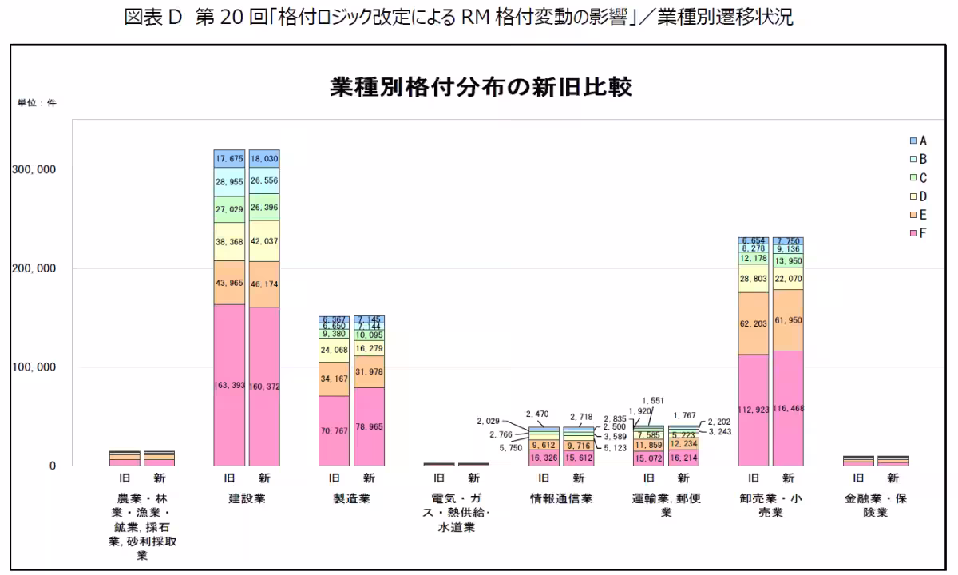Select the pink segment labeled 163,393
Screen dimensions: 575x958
[x=229, y=385]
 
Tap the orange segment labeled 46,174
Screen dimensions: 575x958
[x=264, y=284]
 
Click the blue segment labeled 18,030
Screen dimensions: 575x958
[x=264, y=159]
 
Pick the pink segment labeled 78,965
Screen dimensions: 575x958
[x=369, y=426]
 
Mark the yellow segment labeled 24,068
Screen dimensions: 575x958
[x=334, y=350]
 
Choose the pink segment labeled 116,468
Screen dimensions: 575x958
[x=788, y=408]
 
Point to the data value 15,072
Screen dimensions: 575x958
[x=648, y=458]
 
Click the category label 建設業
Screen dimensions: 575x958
[x=247, y=498]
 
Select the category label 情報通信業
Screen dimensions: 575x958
[x=561, y=498]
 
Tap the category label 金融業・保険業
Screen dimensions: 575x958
[x=876, y=505]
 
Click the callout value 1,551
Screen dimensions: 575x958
[x=652, y=400]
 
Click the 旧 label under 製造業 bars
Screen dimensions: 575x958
[x=334, y=478]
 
